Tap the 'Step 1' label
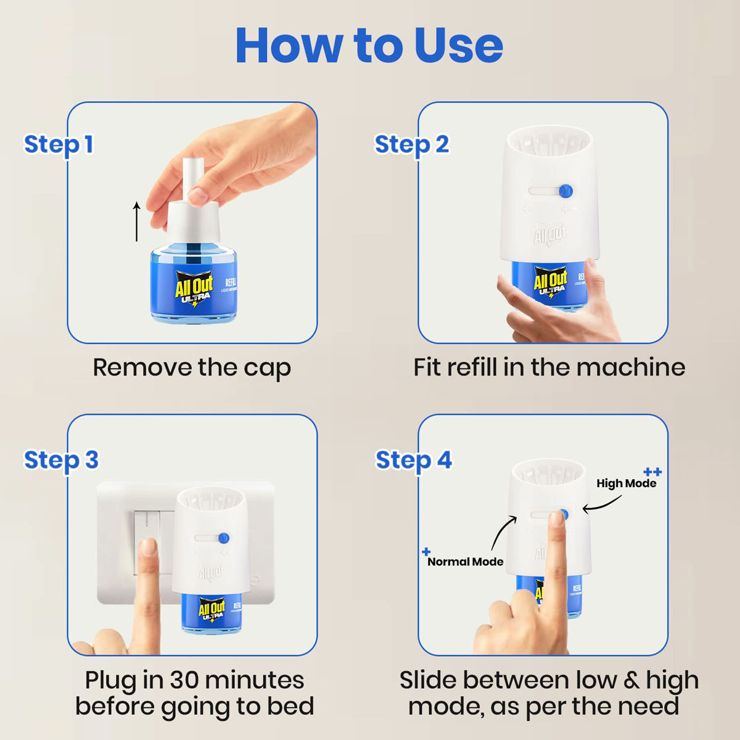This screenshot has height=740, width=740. (x=59, y=144)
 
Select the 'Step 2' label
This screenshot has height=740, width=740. (x=411, y=144)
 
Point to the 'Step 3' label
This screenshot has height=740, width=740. (x=61, y=460)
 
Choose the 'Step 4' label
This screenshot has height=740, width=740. (x=413, y=460)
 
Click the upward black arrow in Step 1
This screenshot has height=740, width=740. (x=137, y=221)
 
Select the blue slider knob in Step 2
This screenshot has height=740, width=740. (x=565, y=192)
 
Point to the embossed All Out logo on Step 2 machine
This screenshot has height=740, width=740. (x=549, y=235)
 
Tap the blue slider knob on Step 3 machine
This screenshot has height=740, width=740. (x=224, y=538)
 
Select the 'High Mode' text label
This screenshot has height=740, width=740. (x=626, y=483)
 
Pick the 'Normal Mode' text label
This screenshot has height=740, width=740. (x=465, y=562)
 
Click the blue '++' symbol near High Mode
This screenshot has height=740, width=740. (x=652, y=472)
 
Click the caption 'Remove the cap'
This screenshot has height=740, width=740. (x=192, y=368)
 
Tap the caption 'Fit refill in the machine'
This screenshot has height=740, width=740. (x=549, y=368)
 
